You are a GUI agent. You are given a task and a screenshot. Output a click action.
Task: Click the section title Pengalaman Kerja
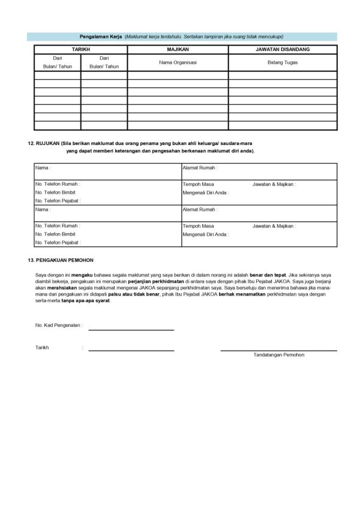pos(101,37)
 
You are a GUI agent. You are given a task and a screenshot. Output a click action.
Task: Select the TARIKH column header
pos(80,49)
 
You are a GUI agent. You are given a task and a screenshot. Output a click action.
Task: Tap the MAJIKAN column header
pos(178,49)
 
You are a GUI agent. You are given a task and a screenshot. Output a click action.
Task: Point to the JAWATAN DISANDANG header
pos(282,49)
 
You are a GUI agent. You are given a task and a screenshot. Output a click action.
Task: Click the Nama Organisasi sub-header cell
pos(178,62)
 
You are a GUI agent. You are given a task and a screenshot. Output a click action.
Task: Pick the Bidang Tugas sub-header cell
pos(282,62)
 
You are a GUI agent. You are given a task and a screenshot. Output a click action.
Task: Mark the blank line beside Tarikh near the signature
pos(131,350)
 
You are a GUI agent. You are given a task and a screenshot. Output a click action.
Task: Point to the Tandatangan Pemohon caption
pos(278,355)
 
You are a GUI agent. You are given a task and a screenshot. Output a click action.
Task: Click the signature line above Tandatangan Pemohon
pos(278,350)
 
